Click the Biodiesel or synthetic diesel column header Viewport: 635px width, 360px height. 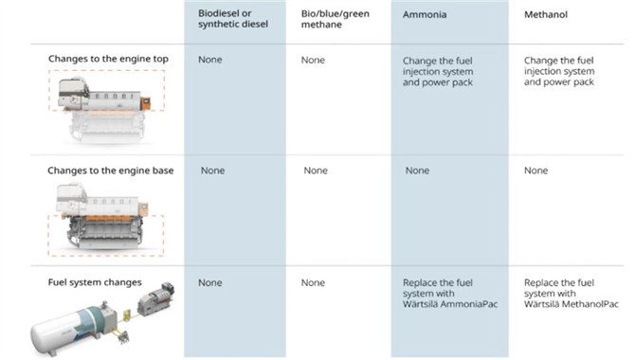click(233, 19)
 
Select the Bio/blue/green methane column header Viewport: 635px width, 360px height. click(335, 19)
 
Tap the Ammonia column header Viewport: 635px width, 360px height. click(425, 14)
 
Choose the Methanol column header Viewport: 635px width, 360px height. click(546, 14)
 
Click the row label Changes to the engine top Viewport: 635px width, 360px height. click(108, 59)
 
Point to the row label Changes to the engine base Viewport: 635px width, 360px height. click(111, 171)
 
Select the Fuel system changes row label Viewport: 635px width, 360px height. click(95, 282)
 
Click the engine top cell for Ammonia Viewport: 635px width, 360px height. click(437, 71)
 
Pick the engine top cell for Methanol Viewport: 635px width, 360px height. click(559, 71)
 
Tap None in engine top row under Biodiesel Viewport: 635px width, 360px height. click(209, 60)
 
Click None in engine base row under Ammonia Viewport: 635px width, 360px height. click(417, 171)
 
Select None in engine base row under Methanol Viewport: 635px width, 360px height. click(535, 171)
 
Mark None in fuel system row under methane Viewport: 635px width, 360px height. click(313, 282)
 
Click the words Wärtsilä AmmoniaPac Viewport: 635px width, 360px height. click(450, 304)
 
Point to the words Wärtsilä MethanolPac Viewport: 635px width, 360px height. click(571, 304)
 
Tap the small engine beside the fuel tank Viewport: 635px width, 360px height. click(156, 298)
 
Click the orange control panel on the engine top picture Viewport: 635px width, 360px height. click(145, 103)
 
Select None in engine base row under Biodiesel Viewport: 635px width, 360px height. click(212, 171)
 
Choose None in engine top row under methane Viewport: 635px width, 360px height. click(313, 60)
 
